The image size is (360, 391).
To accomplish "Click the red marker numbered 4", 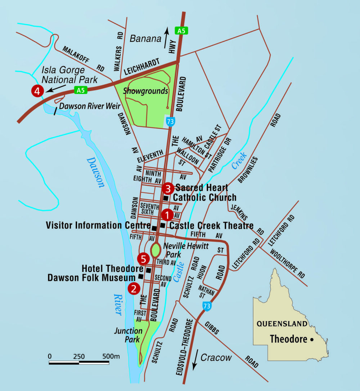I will (x=37, y=91).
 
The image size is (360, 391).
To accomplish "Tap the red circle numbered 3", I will (x=168, y=188).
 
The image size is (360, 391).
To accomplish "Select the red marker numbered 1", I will (x=167, y=215).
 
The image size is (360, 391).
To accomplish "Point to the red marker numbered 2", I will (x=134, y=288).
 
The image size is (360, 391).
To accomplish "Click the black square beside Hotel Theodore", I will (x=148, y=270).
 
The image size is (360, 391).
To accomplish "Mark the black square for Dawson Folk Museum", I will (x=141, y=277).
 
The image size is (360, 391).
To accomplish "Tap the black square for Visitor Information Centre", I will (x=154, y=228).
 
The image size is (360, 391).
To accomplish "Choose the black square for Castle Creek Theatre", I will (x=163, y=226).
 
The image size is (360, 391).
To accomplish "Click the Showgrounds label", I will (x=145, y=91).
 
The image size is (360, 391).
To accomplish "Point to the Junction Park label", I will (x=129, y=335).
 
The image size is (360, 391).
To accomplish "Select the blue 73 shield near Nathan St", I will (x=206, y=306).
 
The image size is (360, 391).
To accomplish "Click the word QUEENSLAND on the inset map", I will (x=282, y=324).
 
